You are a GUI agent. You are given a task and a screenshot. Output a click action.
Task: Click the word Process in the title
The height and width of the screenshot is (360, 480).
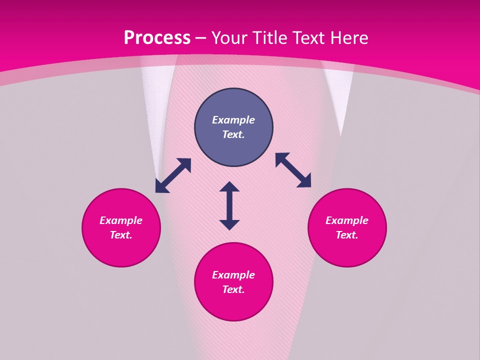[x=157, y=38]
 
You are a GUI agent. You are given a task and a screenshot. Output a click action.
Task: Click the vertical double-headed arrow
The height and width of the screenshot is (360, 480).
[x=229, y=205]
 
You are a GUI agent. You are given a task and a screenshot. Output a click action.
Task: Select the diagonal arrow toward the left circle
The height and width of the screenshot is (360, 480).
[x=173, y=175]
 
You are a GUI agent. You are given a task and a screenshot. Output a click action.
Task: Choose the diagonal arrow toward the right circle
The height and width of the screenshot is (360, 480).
[x=293, y=170]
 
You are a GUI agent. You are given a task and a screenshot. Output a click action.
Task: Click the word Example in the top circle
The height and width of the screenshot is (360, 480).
[x=233, y=120]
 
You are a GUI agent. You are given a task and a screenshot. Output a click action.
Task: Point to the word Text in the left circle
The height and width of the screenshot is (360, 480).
[x=121, y=235]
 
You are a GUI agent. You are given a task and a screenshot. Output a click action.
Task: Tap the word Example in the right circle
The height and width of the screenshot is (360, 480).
[x=347, y=220]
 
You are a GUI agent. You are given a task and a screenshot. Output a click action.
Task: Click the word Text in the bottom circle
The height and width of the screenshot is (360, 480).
[x=233, y=289]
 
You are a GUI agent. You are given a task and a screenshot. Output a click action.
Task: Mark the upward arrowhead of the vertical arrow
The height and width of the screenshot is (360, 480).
[x=229, y=186]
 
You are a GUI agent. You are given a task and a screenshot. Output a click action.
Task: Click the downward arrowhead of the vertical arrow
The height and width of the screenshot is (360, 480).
[x=229, y=224]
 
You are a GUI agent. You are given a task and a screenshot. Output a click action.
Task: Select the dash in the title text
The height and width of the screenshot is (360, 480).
[x=201, y=38]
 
